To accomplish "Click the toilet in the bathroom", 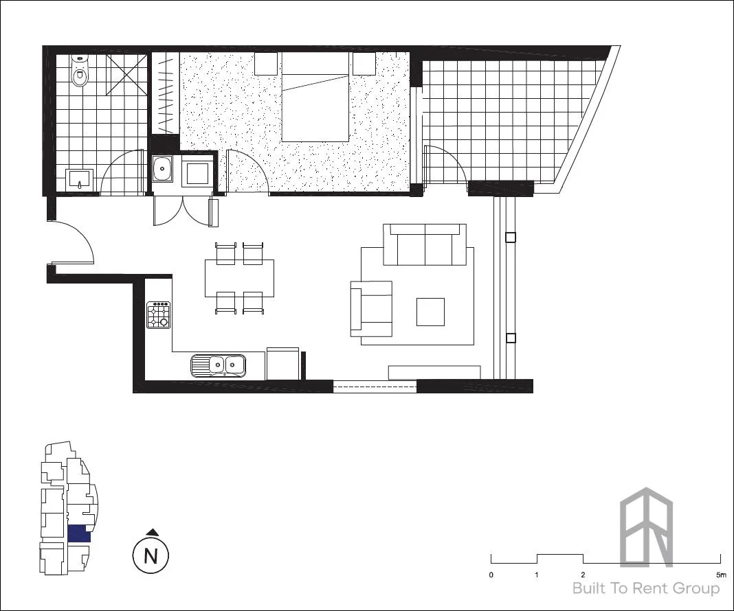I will click(80, 73).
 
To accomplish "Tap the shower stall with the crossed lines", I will click(126, 74).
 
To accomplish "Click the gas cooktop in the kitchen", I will click(159, 316).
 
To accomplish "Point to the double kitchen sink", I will click(218, 365).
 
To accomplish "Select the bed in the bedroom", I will click(315, 96).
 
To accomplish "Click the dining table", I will click(239, 277).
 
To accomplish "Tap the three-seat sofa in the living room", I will click(425, 245).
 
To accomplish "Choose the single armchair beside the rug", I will click(372, 308).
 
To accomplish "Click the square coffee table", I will click(430, 312).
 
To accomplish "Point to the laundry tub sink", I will click(162, 168).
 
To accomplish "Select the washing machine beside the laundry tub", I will click(196, 171).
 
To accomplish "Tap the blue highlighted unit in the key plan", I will click(79, 534).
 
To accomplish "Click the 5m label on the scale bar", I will click(720, 574).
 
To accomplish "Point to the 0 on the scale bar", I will click(491, 574).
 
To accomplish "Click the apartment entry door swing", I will click(72, 240).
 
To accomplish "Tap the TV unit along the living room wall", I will click(434, 372).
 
